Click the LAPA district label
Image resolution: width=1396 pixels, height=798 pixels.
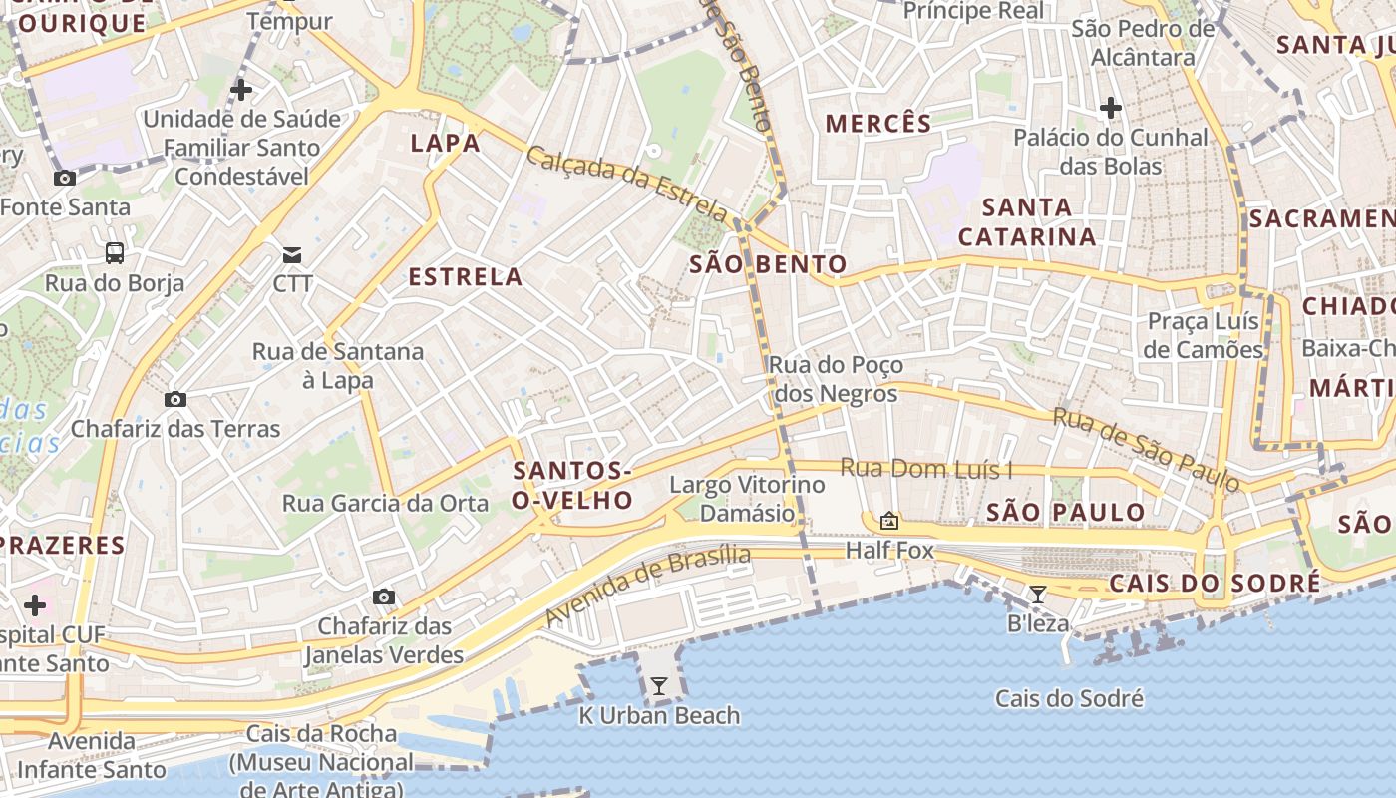[446, 143]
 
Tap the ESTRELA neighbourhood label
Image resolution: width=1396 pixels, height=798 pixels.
[466, 277]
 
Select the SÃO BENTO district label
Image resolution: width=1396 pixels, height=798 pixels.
[768, 264]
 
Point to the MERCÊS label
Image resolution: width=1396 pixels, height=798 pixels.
[878, 124]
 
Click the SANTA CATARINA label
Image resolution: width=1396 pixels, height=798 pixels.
[1027, 222]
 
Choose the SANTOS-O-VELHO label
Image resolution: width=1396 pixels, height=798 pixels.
[572, 485]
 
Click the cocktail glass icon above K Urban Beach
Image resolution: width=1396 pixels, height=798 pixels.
[658, 686]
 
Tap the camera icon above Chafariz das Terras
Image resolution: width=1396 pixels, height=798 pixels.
[175, 400]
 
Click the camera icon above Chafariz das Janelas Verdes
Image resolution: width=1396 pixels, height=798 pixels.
[384, 598]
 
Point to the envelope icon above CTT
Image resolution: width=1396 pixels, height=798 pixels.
[292, 254]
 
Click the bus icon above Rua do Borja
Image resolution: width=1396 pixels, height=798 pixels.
[115, 253]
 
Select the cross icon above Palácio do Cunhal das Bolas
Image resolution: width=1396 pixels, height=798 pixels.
[1111, 108]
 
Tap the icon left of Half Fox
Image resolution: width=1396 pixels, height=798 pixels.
[888, 521]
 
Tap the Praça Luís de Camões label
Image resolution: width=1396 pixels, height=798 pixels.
[1203, 336]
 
